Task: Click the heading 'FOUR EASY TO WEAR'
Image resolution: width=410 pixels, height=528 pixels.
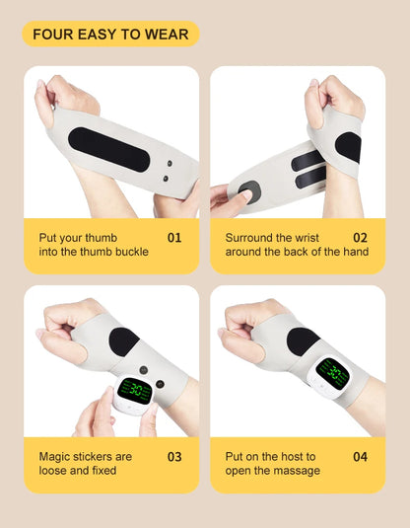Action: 110,35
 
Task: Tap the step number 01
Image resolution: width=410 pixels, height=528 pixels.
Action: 174,238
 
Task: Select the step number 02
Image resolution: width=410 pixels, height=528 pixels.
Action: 360,238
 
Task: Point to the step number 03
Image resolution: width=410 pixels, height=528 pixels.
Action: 174,457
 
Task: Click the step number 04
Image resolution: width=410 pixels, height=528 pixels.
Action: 360,457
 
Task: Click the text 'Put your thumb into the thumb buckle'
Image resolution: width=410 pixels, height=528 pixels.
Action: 94,245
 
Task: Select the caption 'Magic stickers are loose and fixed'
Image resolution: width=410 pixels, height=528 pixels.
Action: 85,464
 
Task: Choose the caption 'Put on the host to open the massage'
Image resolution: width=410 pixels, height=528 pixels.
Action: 272,464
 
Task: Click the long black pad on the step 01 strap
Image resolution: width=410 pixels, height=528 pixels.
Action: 109,149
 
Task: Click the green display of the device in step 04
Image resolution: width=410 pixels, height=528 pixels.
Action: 333,373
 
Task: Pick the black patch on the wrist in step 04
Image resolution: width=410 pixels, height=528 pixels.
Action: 303,340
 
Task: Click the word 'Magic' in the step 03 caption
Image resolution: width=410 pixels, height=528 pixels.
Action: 55,457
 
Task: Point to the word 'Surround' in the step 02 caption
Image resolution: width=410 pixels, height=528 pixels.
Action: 250,238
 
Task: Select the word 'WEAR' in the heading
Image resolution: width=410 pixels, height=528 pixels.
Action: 167,35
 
